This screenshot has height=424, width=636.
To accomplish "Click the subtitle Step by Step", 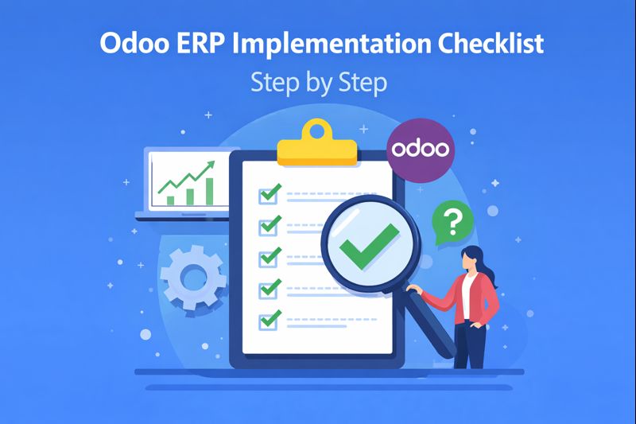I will (x=318, y=82).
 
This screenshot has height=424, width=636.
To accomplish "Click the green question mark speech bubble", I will (x=451, y=223).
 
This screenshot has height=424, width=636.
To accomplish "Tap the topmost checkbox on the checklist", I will (x=269, y=193).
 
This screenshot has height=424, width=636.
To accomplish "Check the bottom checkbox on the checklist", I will (x=269, y=321).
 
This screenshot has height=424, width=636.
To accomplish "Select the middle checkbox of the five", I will (x=269, y=258).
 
